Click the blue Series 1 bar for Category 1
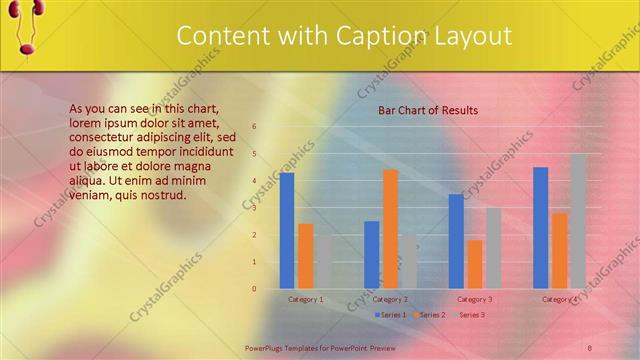287,230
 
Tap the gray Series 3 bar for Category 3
493,247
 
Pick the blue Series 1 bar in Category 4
541,227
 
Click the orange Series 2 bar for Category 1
306,255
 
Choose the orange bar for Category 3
475,263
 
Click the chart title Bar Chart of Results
428,110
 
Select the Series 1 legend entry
391,315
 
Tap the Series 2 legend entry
429,315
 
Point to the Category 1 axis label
306,299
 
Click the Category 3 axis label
474,299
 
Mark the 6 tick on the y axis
254,126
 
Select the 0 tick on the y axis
254,289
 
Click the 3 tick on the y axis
254,208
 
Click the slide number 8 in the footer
590,347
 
